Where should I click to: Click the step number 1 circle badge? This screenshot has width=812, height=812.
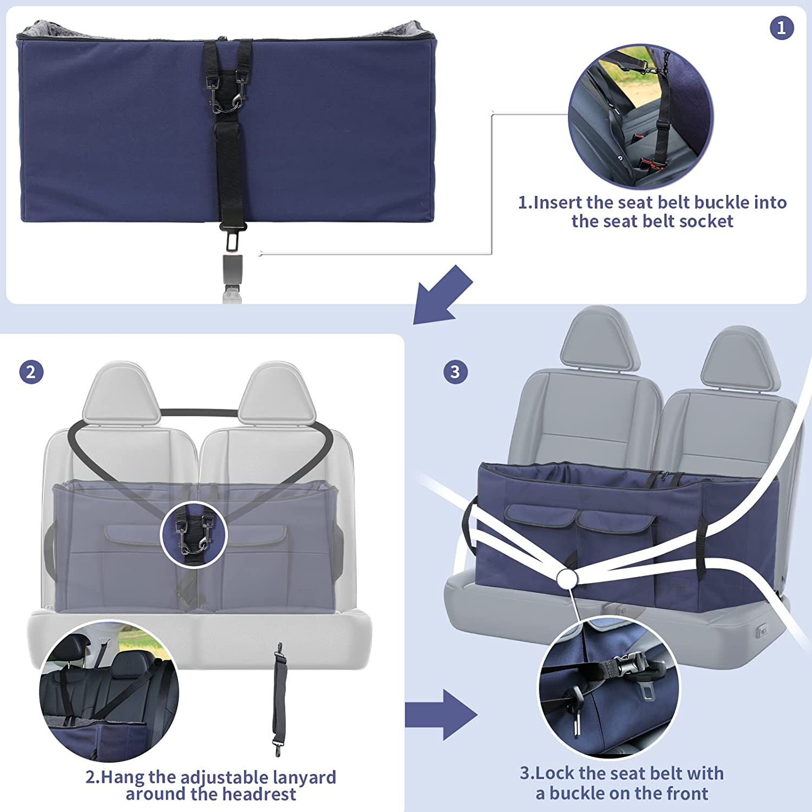782,28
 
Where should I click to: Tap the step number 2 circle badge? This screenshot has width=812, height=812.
31,372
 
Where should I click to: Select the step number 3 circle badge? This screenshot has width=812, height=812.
455,372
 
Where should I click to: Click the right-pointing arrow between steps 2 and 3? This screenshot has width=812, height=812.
441,715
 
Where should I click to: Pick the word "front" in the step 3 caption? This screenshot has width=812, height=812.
687,794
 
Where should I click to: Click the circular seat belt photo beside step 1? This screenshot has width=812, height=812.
640,117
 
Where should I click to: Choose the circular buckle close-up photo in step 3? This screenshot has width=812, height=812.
609,687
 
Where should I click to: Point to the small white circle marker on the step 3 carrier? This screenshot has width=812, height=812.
567,579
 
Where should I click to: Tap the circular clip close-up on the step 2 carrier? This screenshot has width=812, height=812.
194,535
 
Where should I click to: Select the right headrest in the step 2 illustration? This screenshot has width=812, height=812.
277,394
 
